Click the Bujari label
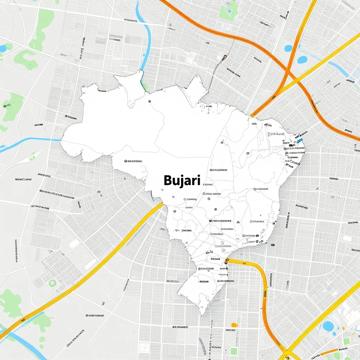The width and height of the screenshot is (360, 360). tap(182, 181)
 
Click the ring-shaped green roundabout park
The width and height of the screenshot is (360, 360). tap(52, 283)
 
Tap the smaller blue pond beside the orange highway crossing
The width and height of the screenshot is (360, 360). tap(288, 48)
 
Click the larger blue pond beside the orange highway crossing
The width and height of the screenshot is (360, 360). tap(302, 60)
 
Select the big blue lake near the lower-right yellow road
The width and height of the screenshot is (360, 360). tap(328, 326)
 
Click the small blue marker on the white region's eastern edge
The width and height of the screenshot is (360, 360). tap(300, 140)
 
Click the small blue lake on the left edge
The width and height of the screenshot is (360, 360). tap(3, 49)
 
